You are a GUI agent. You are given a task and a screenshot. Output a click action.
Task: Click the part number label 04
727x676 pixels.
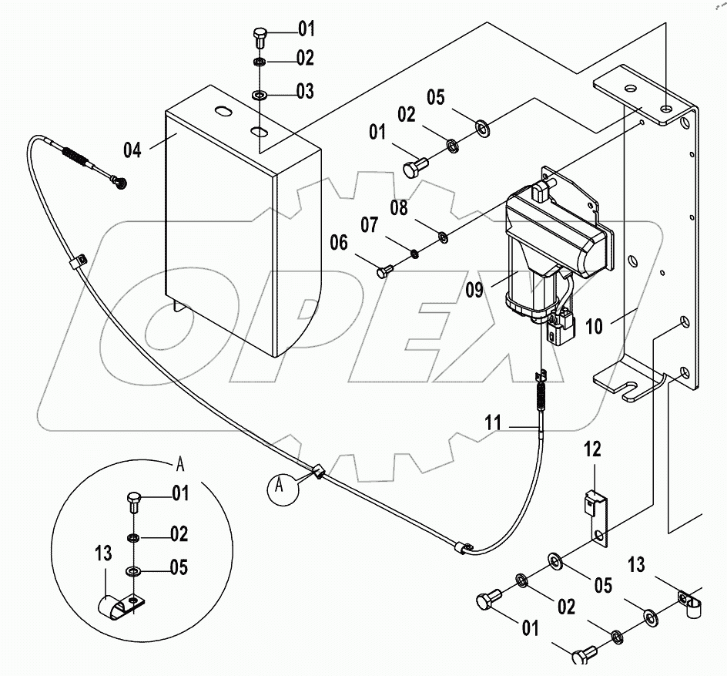[x=132, y=150]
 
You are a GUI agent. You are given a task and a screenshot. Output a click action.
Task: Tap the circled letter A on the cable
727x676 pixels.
[x=281, y=486]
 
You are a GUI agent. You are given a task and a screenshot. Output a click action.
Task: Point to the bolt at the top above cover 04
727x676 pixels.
[x=259, y=35]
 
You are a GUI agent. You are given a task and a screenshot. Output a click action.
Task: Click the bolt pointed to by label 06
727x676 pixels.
[x=385, y=271]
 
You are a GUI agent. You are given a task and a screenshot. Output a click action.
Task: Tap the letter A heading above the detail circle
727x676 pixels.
[x=180, y=463]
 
